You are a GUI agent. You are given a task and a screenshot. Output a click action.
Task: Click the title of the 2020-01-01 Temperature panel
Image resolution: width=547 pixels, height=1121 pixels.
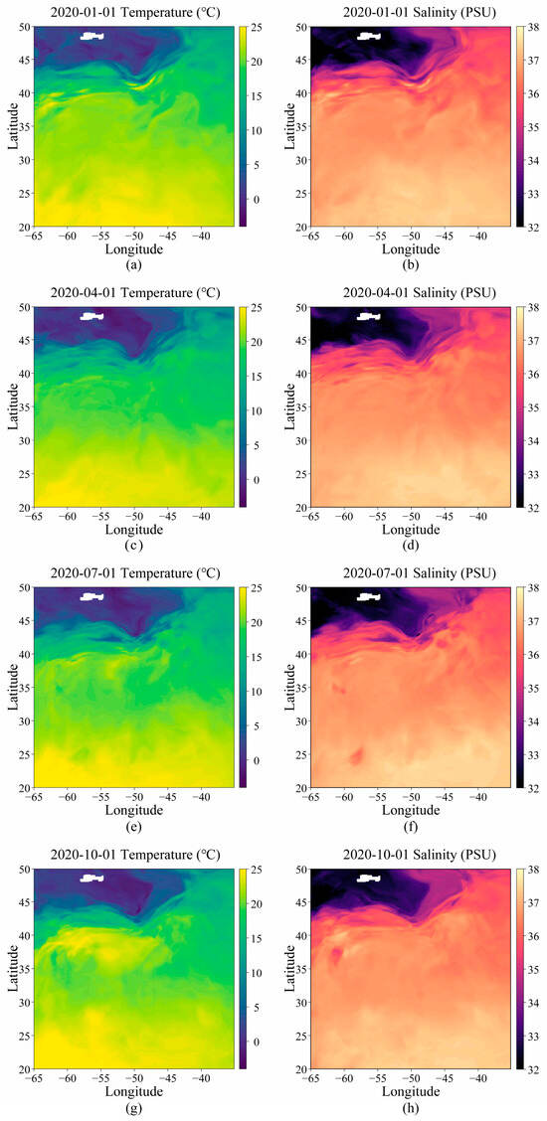(x=134, y=12)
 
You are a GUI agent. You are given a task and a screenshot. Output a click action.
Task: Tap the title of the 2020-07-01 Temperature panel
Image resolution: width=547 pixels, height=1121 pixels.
(x=134, y=573)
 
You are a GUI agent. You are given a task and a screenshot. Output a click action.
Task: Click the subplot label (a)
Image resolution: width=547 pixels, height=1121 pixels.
(x=134, y=264)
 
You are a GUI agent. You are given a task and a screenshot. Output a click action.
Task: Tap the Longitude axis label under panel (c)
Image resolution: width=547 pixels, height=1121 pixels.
(x=134, y=530)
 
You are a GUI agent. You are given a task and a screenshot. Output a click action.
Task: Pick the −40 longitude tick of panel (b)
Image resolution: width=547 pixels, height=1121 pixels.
(x=478, y=236)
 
